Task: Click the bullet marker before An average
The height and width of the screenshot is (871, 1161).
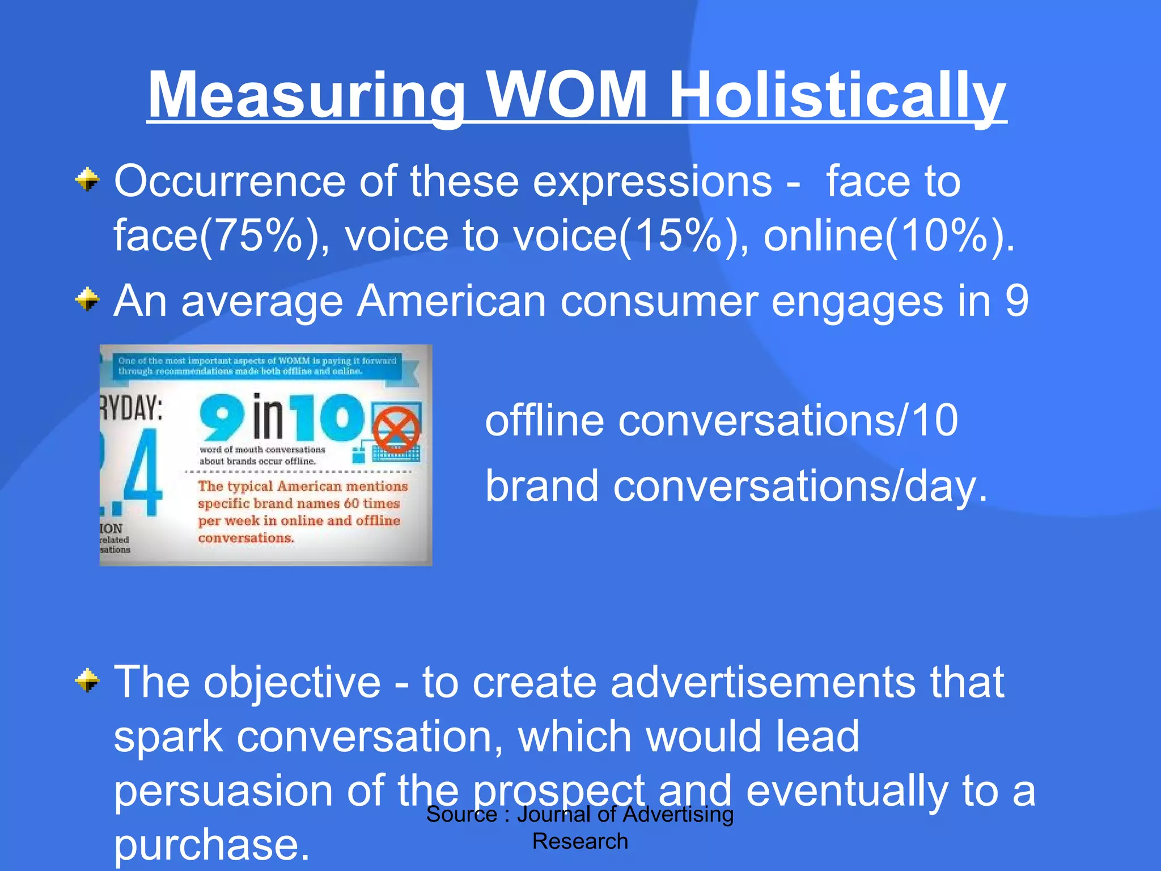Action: click(x=87, y=299)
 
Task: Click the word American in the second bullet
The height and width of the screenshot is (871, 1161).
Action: click(x=451, y=301)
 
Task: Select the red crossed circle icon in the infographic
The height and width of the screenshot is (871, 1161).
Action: click(x=396, y=429)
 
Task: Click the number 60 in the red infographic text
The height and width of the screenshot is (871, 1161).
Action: click(x=351, y=503)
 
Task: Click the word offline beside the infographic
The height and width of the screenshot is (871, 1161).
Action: click(x=544, y=421)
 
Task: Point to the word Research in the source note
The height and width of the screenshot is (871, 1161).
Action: click(x=580, y=841)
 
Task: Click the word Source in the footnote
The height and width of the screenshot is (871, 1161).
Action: click(x=461, y=814)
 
